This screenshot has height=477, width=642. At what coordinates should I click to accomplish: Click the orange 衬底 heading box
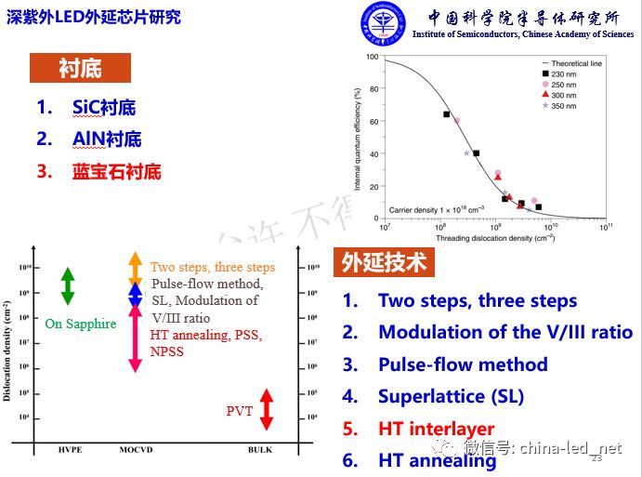tap(80, 68)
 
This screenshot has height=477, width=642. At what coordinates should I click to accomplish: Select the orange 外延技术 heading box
tap(384, 262)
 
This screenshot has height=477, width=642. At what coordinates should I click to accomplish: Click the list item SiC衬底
tap(104, 107)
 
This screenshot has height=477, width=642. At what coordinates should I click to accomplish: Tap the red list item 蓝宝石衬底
tap(116, 171)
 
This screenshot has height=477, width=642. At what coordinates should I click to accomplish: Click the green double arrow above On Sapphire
tap(67, 285)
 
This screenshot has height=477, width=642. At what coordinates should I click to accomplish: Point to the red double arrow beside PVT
tap(267, 410)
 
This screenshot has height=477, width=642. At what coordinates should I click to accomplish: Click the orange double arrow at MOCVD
tap(135, 267)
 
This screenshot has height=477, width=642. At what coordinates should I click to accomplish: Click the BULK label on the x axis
tap(260, 449)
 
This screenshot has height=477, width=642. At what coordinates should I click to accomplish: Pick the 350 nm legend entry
tap(562, 106)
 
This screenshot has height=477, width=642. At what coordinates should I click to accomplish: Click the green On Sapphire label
tap(81, 324)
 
